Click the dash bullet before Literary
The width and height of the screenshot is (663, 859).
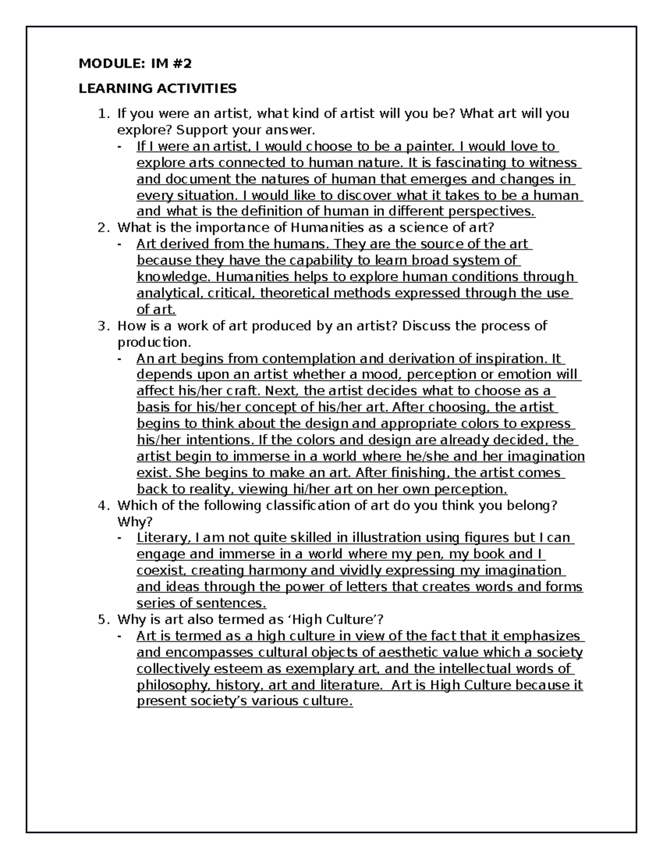point(121,538)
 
